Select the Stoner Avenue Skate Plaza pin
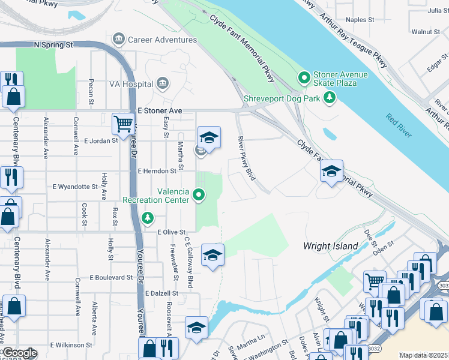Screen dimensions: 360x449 click(304, 78)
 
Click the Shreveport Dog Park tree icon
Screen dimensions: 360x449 click(329, 97)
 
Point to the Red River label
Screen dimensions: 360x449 click(399, 125)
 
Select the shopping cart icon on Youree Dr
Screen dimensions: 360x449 click(123, 124)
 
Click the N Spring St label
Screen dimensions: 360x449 click(53, 44)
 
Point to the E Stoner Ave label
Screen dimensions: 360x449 click(159, 111)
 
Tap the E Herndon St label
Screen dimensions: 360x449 click(157, 171)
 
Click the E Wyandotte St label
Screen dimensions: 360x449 click(75, 187)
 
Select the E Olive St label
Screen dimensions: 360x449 click(172, 232)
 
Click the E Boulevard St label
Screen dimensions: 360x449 click(111, 277)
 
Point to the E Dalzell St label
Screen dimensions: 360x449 click(161, 293)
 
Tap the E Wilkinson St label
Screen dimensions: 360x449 click(71, 345)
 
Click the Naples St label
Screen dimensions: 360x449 click(360, 20)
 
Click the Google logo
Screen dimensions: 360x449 click(19, 353)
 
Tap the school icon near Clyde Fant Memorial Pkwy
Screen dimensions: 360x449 click(331, 172)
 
